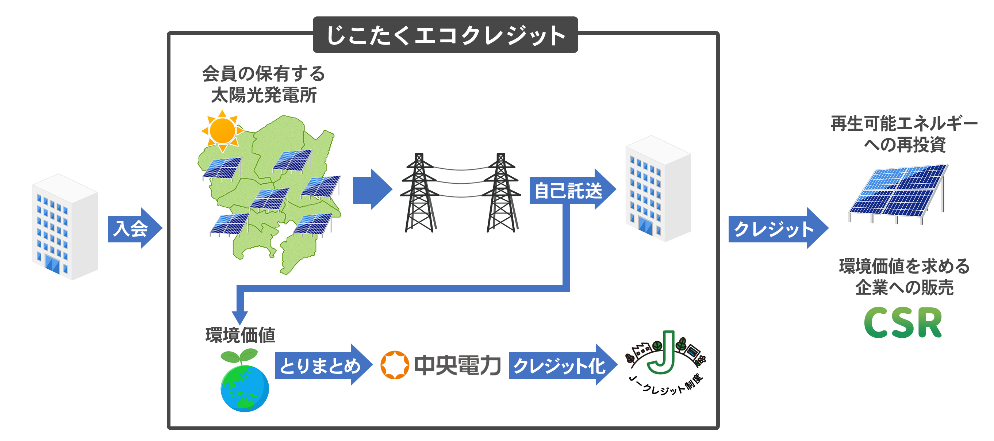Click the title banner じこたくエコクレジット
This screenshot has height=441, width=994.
pos(445,35)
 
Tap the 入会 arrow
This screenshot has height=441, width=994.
pos(133,229)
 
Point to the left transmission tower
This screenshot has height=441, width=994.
pos(419,193)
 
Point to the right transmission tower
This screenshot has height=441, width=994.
pos(501,193)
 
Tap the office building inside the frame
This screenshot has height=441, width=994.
pos(657,189)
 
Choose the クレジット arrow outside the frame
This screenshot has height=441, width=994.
pos(776,229)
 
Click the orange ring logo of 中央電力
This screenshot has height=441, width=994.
pos(394,365)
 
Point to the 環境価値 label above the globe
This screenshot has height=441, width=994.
pos(240,335)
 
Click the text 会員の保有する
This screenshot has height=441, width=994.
pos(264,74)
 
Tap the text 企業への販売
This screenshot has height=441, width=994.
pos(904,287)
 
